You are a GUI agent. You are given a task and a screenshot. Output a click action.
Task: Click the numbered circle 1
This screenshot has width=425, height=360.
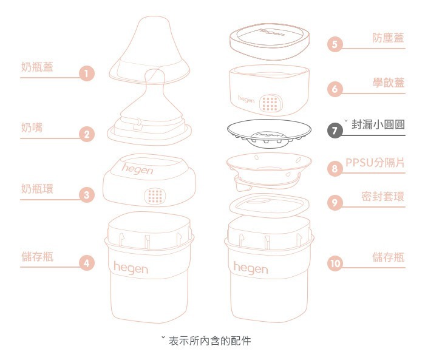(87, 74)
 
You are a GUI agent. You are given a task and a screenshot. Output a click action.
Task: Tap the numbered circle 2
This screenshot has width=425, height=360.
(87, 135)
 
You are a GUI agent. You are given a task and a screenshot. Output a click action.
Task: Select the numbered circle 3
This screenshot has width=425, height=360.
(87, 195)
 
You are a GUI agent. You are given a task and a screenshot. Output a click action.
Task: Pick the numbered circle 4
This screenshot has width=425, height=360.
(87, 263)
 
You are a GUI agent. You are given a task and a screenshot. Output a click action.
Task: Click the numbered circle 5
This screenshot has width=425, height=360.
(335, 44)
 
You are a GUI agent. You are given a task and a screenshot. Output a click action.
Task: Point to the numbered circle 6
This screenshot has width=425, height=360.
(335, 89)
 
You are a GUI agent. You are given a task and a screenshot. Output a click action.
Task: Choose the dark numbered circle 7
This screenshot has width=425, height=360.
(335, 131)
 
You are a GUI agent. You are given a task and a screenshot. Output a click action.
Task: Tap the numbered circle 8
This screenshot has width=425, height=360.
(335, 169)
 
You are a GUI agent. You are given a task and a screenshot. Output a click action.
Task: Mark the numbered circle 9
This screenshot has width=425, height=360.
(335, 203)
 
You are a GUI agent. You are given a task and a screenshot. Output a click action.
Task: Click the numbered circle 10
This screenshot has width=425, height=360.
(335, 263)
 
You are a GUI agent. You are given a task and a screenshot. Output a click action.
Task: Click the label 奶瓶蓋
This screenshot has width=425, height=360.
(36, 67)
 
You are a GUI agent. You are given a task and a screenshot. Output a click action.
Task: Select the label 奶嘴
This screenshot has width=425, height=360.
(32, 127)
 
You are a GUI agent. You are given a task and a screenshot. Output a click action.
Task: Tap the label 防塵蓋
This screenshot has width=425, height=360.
(389, 38)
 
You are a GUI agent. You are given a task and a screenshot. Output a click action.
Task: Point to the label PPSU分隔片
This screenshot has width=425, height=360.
(375, 163)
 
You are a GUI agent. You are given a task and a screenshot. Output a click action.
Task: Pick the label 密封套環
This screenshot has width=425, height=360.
(382, 197)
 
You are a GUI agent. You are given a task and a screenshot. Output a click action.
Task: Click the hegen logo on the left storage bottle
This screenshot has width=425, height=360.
(131, 267)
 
